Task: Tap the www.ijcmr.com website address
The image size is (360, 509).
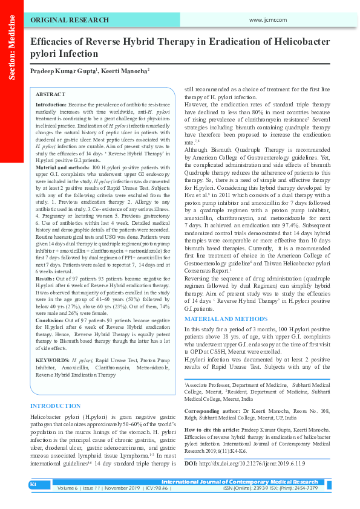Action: click(267, 21)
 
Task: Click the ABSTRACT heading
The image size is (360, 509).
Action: click(50, 95)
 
